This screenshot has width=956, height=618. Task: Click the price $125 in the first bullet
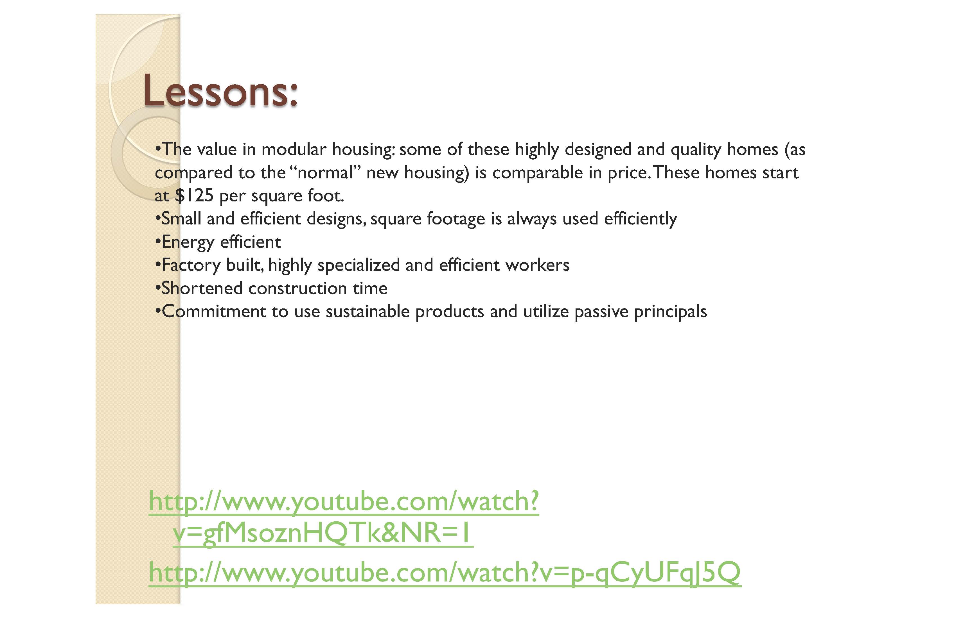click(x=194, y=196)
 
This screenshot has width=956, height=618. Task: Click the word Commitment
click(x=214, y=312)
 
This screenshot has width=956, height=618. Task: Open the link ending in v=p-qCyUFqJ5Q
click(x=445, y=573)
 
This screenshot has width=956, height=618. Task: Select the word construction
click(x=298, y=288)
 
